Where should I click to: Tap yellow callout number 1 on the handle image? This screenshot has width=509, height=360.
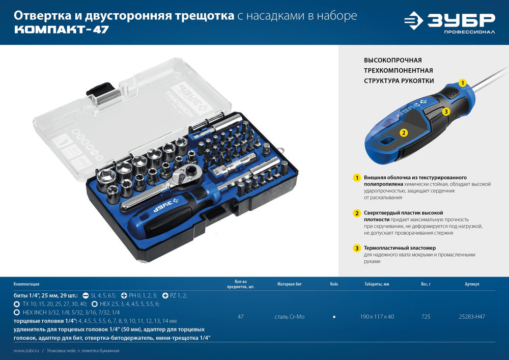462,82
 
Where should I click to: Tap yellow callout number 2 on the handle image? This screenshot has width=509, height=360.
403,132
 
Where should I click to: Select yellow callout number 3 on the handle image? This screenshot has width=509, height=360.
445,111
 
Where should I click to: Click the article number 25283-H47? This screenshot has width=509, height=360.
472,317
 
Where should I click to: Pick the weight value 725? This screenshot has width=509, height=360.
426,317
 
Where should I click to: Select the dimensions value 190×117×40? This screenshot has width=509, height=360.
377,317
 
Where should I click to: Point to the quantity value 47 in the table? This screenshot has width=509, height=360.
241,317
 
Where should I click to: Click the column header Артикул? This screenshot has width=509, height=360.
472,284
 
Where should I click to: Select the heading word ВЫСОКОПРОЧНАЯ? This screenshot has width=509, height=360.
392,60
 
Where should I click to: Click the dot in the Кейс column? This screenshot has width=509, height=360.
334,317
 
